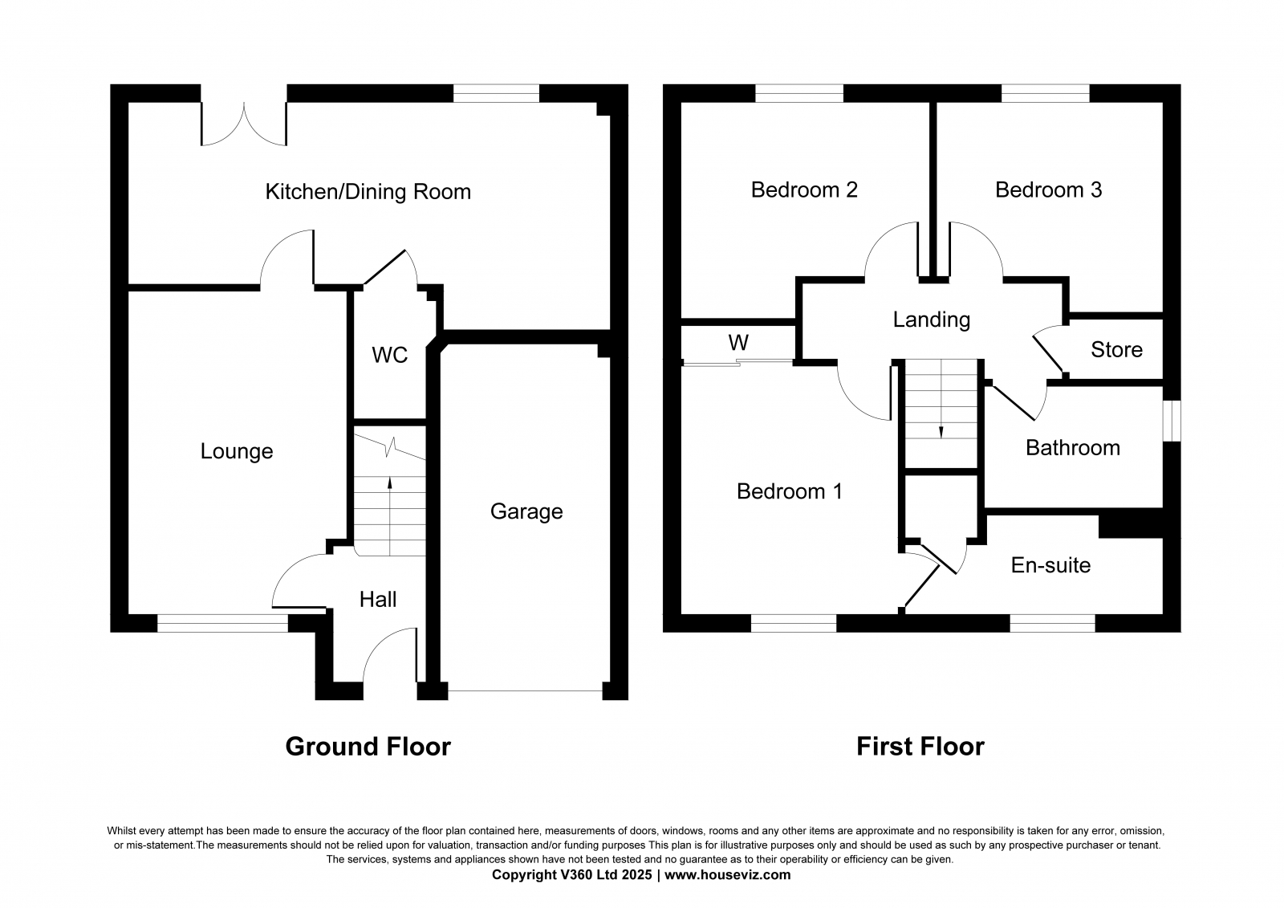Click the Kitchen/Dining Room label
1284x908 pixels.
[x=368, y=192]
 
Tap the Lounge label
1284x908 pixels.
[x=237, y=451]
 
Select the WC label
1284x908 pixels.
[x=390, y=355]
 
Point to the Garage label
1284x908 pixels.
[x=526, y=511]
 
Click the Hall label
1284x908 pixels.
[x=378, y=600]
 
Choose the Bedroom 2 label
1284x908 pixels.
[x=804, y=189]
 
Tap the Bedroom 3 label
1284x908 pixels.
[x=1048, y=189]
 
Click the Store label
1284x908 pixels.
[x=1116, y=349]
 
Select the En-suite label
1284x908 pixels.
[x=1050, y=565]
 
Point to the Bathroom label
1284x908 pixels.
[x=1073, y=448]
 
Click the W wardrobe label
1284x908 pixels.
[x=738, y=343]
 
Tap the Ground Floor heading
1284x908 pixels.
[x=368, y=747]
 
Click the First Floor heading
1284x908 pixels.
[x=920, y=747]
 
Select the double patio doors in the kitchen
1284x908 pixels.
[x=244, y=124]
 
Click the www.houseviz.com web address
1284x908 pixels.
[x=727, y=875]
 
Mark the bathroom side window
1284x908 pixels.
[x=1172, y=421]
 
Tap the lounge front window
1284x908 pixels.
[x=222, y=624]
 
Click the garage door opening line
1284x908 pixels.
[x=525, y=695]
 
